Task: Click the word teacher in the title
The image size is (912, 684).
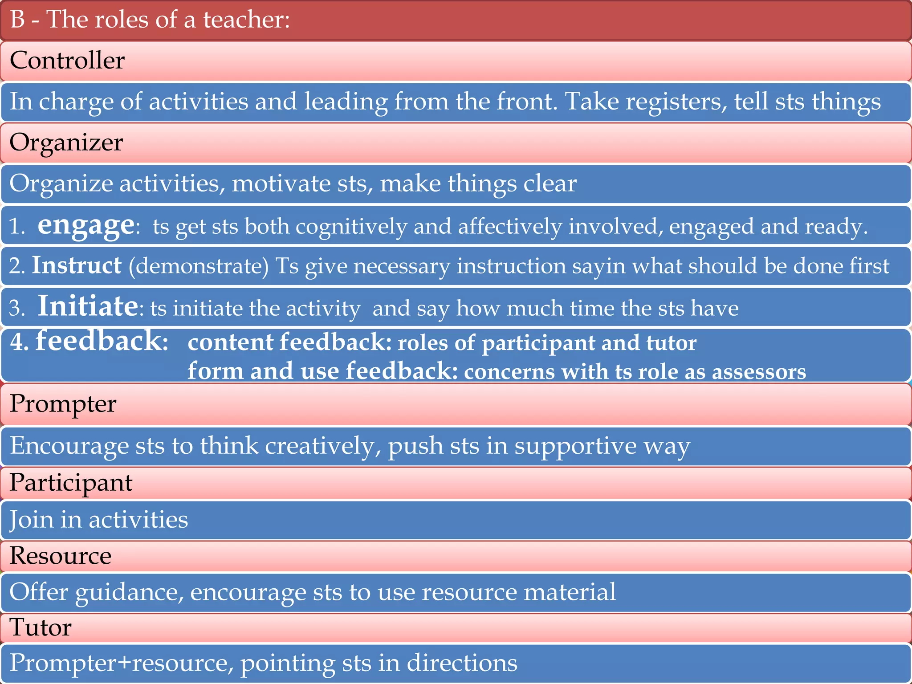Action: click(246, 20)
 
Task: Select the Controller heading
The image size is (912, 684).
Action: click(67, 61)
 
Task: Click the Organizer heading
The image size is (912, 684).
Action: click(66, 142)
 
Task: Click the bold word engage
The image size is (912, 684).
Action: click(85, 225)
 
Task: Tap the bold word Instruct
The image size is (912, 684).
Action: click(77, 265)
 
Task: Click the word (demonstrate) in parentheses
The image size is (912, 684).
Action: click(199, 266)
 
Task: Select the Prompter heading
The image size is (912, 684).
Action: click(63, 404)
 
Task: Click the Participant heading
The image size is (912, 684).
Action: click(71, 483)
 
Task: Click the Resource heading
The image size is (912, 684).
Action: click(61, 556)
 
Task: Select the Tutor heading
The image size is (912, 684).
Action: click(41, 627)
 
